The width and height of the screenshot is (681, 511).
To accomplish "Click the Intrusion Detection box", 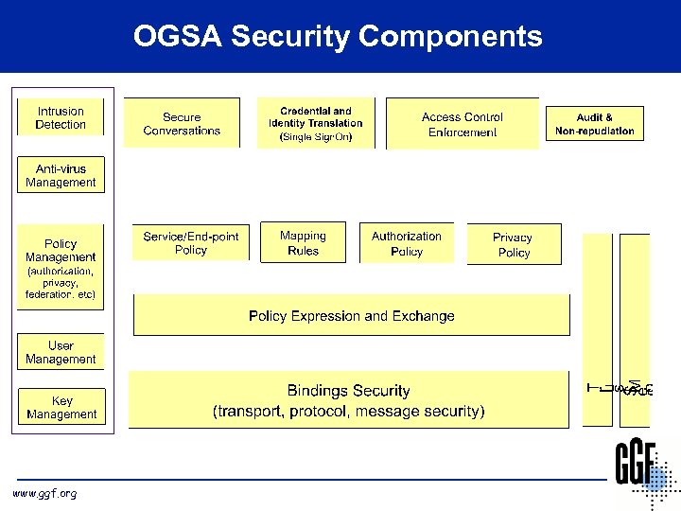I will [x=61, y=118].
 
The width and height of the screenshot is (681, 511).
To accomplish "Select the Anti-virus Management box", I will [x=61, y=176].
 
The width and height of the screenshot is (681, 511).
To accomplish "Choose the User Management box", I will [x=61, y=352].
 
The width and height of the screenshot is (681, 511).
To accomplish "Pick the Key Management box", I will [x=61, y=407].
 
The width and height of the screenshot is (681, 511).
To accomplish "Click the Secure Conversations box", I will [x=182, y=124].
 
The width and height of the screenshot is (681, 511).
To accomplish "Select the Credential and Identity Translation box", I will [x=316, y=123].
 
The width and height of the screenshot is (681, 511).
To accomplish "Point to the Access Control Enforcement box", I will [x=463, y=124].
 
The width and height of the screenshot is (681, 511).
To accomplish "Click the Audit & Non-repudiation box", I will [x=595, y=124].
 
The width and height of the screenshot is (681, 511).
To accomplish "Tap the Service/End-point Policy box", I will [x=191, y=243].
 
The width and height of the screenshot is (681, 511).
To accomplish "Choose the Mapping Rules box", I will [x=303, y=243].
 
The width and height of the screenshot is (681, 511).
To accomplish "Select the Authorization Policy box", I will [x=407, y=243].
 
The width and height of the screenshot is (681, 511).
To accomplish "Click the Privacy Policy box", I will [x=514, y=245].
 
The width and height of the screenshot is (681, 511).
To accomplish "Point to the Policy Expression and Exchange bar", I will [x=352, y=316].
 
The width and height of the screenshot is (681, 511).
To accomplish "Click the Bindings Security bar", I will [x=349, y=400].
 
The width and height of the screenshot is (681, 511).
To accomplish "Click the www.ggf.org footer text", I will [x=44, y=493].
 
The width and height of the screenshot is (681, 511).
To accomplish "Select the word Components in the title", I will [x=451, y=36].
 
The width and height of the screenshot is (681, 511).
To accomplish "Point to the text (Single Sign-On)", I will [x=316, y=137].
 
